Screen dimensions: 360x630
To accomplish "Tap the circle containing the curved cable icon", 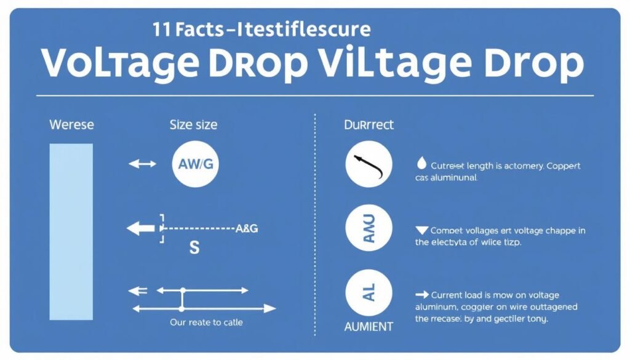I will point(369,164).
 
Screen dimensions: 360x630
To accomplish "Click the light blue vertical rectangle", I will point(71,231).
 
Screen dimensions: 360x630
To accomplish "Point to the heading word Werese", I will point(71,125).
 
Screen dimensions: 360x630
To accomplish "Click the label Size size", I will point(193,125).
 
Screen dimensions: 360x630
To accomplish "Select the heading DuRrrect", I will point(369,125).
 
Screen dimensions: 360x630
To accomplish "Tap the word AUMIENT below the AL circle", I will point(369,327).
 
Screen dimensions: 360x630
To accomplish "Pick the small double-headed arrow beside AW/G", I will point(143,164).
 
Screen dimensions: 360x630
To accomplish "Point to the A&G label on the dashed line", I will point(247,228).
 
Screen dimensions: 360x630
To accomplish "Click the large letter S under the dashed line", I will point(194,248).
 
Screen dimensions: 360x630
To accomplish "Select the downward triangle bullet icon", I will point(421,230).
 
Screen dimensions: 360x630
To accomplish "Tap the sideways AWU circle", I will point(369,228).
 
